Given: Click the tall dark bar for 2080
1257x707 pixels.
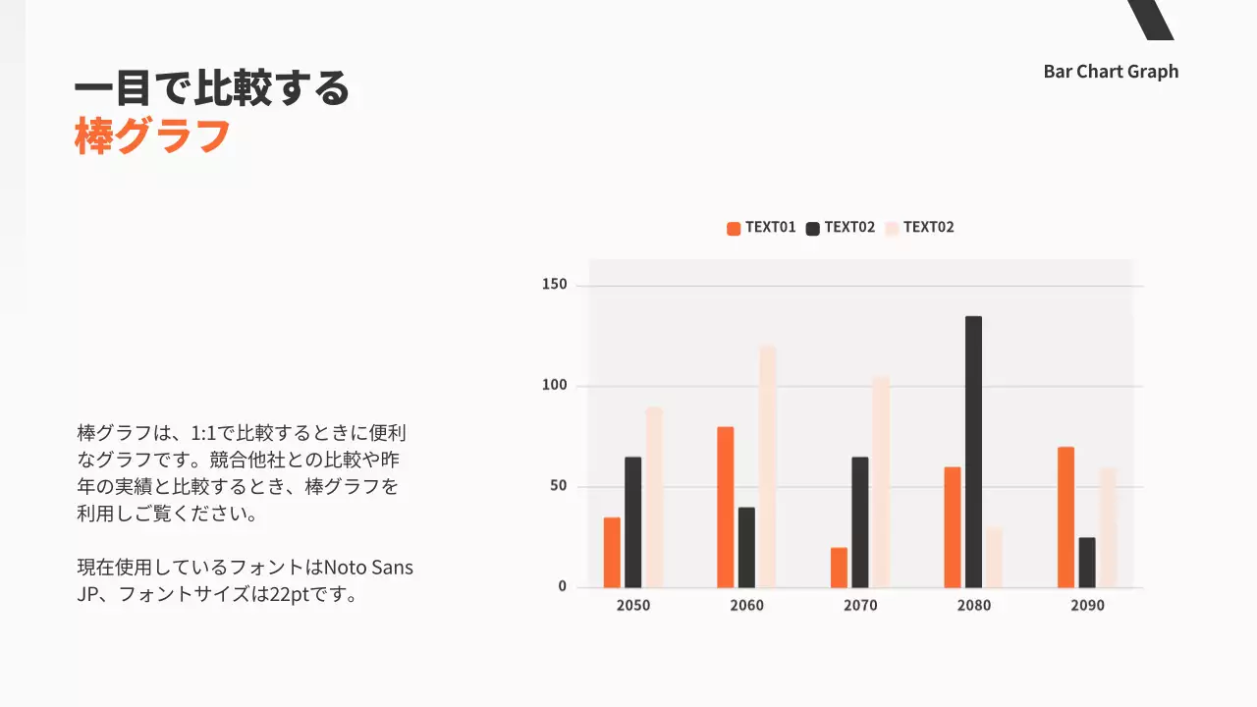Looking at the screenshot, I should click(x=973, y=452).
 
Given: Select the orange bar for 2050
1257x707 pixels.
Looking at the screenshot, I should click(x=612, y=553).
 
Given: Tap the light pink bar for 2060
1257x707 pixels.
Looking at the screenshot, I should click(x=767, y=466).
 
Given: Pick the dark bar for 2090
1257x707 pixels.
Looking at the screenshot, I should click(x=1086, y=563).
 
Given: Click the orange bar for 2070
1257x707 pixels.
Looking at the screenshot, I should click(x=839, y=568).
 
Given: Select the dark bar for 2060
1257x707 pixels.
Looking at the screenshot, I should click(x=746, y=547).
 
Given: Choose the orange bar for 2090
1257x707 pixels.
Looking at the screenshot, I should click(x=1066, y=517).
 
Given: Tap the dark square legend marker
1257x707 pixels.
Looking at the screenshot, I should click(x=812, y=229).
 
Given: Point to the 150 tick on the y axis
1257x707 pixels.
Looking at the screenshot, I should click(x=556, y=285).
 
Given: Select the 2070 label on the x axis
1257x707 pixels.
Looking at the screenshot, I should click(x=860, y=605).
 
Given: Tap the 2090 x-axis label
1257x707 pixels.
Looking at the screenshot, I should click(x=1087, y=605).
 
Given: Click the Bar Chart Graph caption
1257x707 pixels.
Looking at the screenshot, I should click(x=1111, y=72).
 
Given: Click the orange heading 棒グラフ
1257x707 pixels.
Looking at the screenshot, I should click(x=152, y=136).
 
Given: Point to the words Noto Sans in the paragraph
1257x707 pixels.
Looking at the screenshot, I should click(x=368, y=568).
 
